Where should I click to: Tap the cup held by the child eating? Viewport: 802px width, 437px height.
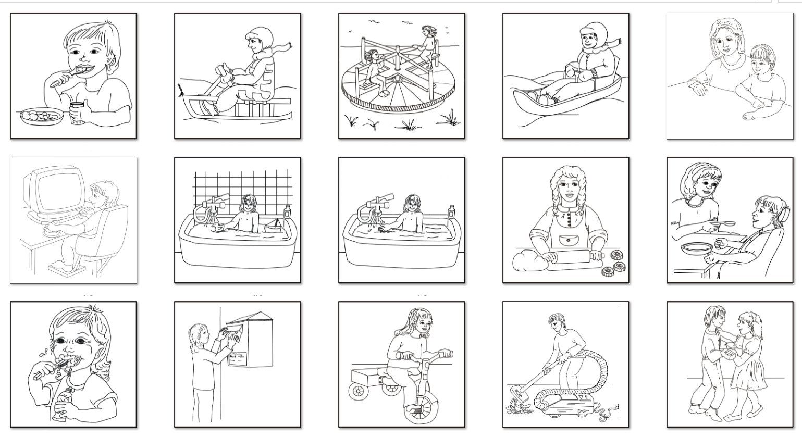(x=78, y=112)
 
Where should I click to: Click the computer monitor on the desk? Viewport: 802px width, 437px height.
(x=54, y=192)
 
